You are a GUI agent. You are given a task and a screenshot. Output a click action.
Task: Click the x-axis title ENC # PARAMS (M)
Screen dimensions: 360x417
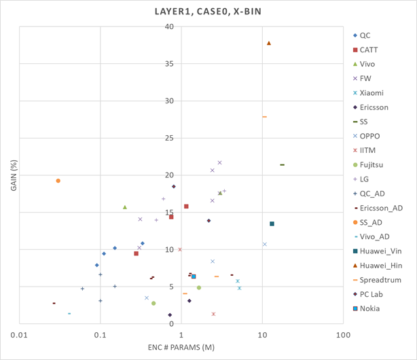pos(181,348)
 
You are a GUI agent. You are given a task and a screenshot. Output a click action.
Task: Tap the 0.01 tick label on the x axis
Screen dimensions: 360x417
pos(20,335)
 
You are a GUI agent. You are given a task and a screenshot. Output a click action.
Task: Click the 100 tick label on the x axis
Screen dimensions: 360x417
pos(343,335)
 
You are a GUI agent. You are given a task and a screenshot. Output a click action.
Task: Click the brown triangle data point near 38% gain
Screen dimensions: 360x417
pos(269,43)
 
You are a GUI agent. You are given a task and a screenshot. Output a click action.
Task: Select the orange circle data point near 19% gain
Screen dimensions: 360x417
pos(58,181)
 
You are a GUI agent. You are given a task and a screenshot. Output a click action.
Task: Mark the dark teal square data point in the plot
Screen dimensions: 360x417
pos(272,223)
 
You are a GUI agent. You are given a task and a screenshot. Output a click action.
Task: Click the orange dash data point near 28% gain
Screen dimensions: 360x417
pos(264,117)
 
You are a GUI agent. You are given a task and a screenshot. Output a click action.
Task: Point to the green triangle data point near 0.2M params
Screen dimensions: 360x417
pos(125,207)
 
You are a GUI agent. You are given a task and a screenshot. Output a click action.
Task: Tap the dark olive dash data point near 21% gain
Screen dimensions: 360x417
pos(282,165)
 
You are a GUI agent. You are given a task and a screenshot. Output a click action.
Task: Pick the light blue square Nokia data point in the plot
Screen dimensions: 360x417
pos(194,276)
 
